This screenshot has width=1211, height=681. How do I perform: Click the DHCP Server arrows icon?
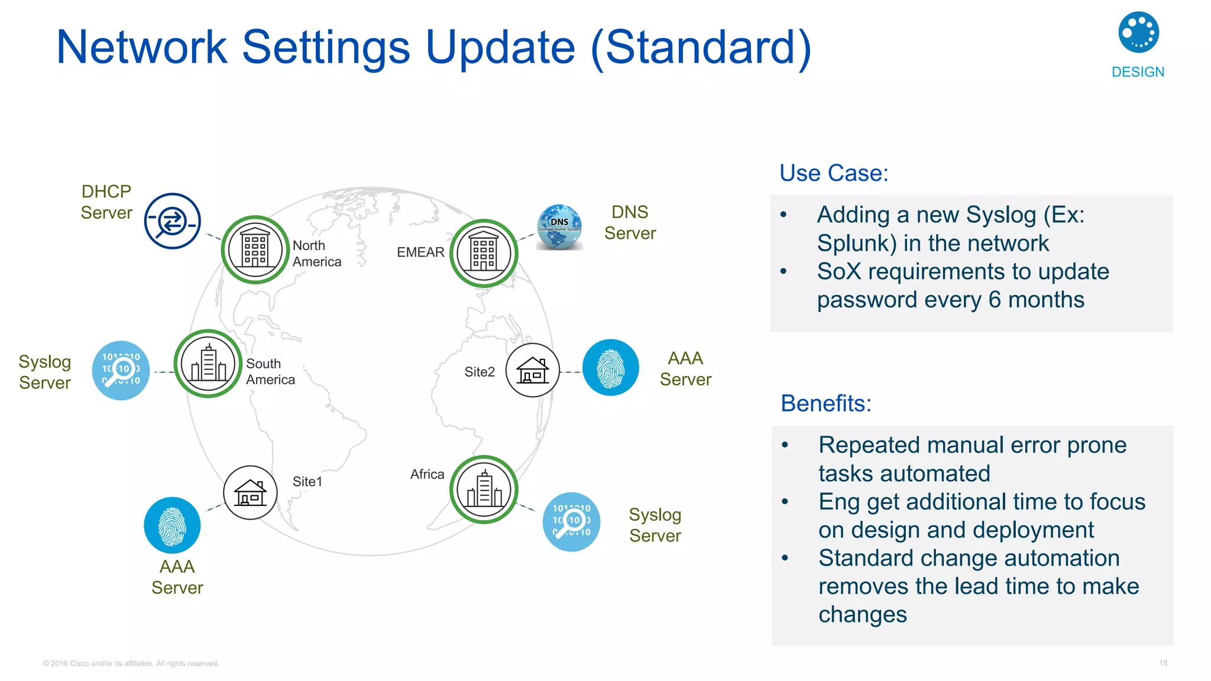(x=173, y=221)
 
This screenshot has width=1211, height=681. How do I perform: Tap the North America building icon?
(x=255, y=249)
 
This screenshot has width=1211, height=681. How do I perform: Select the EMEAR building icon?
(x=484, y=254)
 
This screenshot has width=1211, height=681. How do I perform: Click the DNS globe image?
(x=559, y=227)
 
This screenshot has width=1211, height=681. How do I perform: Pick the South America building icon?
(x=208, y=364)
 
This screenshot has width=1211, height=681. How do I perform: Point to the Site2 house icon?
(x=532, y=371)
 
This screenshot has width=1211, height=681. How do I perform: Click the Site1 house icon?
(x=250, y=492)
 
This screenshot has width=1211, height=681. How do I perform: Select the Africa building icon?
(x=484, y=489)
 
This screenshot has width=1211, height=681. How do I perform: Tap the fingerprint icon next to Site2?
(x=610, y=368)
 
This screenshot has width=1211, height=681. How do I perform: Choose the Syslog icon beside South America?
(x=121, y=370)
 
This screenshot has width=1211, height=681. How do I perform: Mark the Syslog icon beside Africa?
(x=571, y=521)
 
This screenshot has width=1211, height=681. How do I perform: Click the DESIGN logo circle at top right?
(x=1138, y=33)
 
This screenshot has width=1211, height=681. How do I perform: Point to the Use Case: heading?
(x=834, y=173)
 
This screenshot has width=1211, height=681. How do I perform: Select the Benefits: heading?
(x=826, y=403)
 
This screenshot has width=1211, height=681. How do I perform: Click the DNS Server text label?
(x=630, y=222)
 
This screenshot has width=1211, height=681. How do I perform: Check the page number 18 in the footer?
(x=1163, y=663)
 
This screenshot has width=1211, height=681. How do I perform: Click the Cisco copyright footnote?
(x=131, y=663)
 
